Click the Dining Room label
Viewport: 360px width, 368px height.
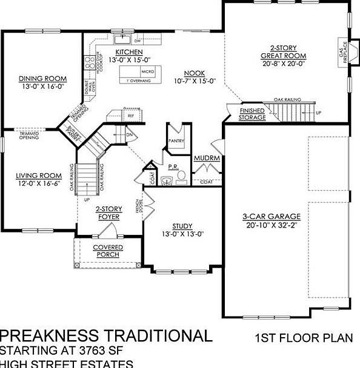click(x=42, y=79)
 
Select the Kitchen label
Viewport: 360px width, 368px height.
click(x=129, y=53)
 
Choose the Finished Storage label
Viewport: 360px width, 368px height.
click(x=252, y=114)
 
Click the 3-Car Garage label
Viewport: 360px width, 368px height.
click(x=269, y=216)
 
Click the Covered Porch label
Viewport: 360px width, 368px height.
click(x=108, y=251)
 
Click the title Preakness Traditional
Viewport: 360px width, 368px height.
click(x=106, y=336)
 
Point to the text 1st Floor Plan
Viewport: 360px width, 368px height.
click(x=300, y=337)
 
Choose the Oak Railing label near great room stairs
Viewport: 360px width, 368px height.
click(x=287, y=99)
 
